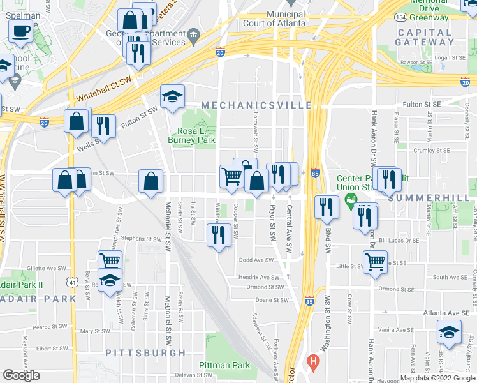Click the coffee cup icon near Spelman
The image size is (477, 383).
20,30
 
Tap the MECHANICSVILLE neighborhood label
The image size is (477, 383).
256,105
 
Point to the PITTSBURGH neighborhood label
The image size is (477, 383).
145,352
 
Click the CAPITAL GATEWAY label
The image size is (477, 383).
424,37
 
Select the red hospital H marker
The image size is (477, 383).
312,362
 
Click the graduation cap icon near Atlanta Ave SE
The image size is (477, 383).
449,332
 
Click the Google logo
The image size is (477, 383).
21,375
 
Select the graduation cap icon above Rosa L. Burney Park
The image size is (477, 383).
172,96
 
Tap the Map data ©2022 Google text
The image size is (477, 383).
437,378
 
